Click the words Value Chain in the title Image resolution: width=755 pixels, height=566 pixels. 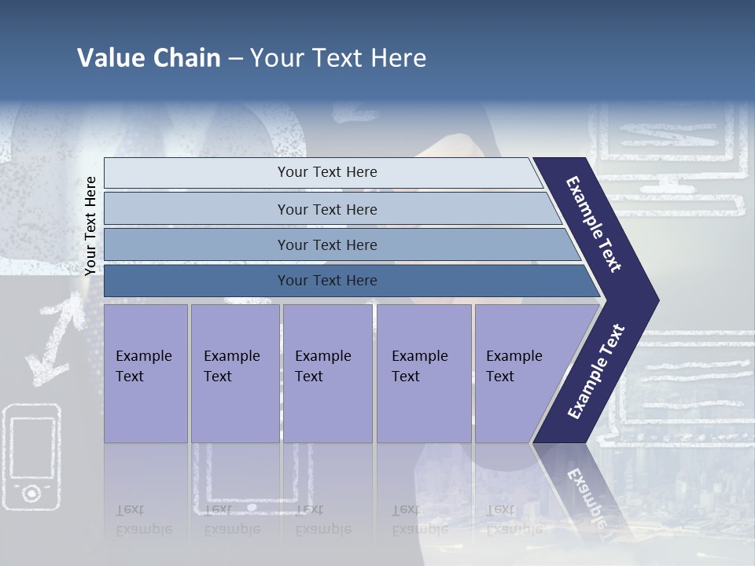149,58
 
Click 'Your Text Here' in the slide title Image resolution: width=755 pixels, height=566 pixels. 338,58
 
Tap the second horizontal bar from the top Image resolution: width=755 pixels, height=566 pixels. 326,209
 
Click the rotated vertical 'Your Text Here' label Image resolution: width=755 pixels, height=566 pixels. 90,226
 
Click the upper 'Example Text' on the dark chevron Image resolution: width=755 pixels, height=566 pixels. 594,224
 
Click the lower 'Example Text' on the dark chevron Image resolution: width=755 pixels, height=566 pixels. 595,372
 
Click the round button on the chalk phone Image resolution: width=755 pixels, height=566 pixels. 31,493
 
